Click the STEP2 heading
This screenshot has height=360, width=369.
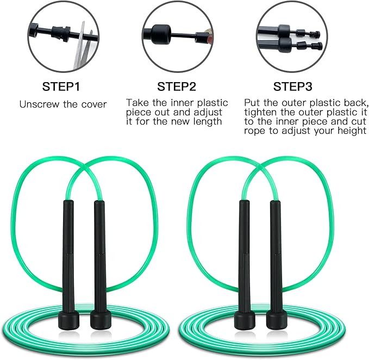177,86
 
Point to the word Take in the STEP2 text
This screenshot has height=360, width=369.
136,102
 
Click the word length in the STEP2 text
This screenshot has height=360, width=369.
207,121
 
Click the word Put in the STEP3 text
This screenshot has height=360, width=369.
252,102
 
